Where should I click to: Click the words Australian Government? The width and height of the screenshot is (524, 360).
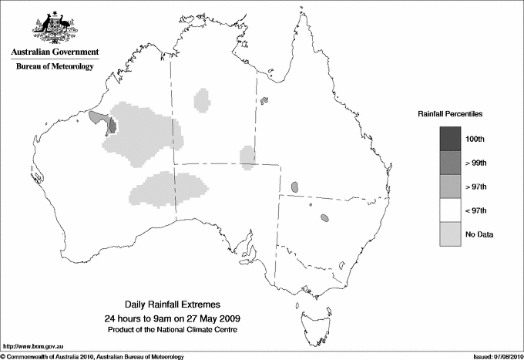[x=55, y=52]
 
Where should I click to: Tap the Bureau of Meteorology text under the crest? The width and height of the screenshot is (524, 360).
[x=55, y=67]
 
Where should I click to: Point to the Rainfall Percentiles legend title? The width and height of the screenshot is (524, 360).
[x=450, y=113]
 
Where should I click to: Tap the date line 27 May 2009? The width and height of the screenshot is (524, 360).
[x=180, y=318]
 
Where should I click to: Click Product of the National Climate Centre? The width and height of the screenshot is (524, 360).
[x=180, y=329]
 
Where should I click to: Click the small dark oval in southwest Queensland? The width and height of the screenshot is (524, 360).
[x=295, y=187]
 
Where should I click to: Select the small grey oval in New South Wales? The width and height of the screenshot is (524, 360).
[x=325, y=218]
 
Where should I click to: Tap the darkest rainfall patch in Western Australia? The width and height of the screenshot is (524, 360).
[x=112, y=125]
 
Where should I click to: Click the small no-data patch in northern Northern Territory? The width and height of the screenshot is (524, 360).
[x=203, y=99]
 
